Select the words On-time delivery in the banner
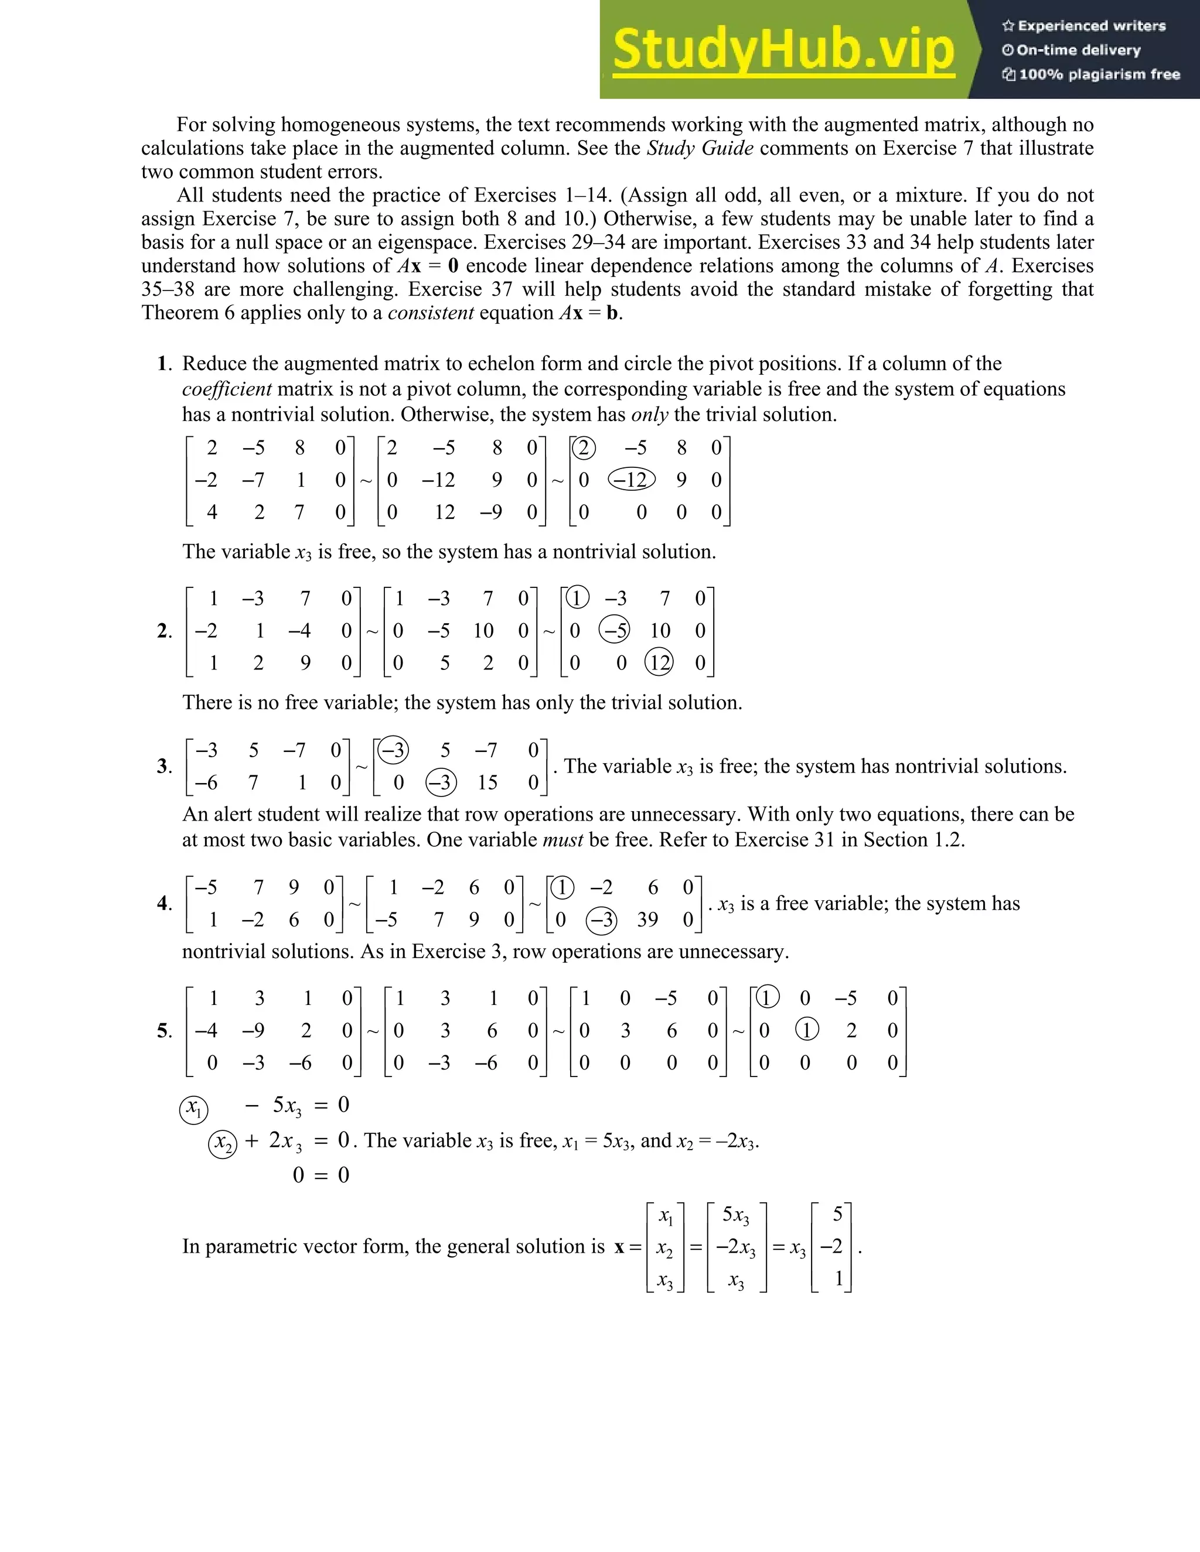click(x=1078, y=50)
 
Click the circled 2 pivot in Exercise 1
click(x=584, y=447)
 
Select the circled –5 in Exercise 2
click(x=614, y=630)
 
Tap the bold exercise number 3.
click(x=163, y=766)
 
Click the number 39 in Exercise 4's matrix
click(x=647, y=919)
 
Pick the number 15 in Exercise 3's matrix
click(x=487, y=782)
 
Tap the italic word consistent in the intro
click(x=431, y=313)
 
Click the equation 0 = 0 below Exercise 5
click(x=321, y=1175)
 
